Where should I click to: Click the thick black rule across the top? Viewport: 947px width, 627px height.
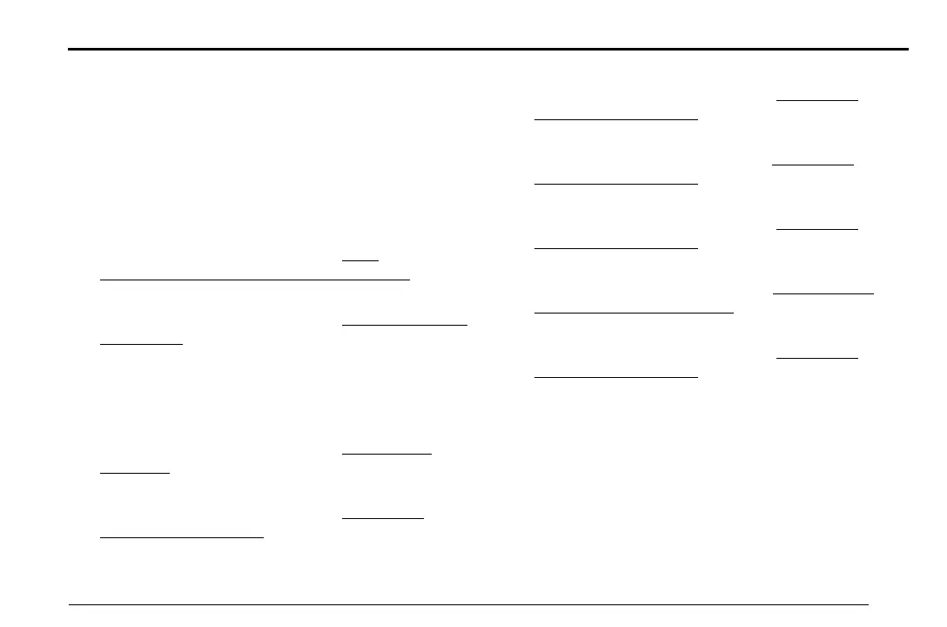[x=487, y=49]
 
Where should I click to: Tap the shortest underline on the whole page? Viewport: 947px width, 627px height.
[x=360, y=260]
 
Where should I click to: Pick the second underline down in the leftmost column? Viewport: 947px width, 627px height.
[x=141, y=344]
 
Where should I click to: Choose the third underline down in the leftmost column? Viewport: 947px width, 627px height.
[x=135, y=473]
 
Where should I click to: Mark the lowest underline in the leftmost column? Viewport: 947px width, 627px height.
[x=181, y=537]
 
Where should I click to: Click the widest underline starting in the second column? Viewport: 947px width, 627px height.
[x=405, y=324]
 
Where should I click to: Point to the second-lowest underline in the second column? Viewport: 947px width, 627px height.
[x=386, y=453]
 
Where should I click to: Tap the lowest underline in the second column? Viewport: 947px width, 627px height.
[x=382, y=518]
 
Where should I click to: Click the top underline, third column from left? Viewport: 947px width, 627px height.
[x=615, y=119]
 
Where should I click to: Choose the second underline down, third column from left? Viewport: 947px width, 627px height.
[x=615, y=184]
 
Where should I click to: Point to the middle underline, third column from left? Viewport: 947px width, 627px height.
[x=615, y=248]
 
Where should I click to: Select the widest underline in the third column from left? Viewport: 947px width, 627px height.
[x=634, y=311]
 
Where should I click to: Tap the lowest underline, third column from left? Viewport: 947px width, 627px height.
[x=615, y=377]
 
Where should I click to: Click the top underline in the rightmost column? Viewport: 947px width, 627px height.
[x=816, y=99]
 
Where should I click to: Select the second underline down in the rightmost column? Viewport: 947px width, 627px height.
[x=813, y=164]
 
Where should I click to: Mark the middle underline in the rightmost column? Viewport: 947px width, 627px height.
[x=816, y=228]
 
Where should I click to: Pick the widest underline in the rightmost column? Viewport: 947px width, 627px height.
[x=823, y=293]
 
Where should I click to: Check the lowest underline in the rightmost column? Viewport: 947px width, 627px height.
[x=816, y=357]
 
